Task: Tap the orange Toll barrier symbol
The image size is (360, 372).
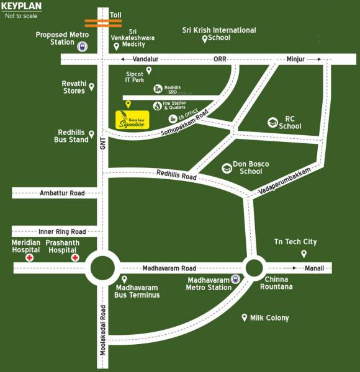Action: pyautogui.click(x=103, y=23)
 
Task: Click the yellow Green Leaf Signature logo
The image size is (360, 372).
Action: pyautogui.click(x=132, y=120)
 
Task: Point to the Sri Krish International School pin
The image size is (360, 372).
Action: pyautogui.click(x=205, y=40)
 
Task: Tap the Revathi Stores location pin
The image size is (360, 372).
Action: pyautogui.click(x=92, y=87)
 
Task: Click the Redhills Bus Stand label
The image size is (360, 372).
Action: pyautogui.click(x=73, y=136)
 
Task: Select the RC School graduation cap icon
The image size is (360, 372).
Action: pyautogui.click(x=272, y=123)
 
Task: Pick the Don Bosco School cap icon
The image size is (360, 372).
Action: pyautogui.click(x=227, y=168)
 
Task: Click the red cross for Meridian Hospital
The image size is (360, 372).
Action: pyautogui.click(x=29, y=257)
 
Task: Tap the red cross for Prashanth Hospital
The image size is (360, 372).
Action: pyautogui.click(x=75, y=257)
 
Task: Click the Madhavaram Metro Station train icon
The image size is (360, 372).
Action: pyautogui.click(x=235, y=279)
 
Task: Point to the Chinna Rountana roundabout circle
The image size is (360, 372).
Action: pyautogui.click(x=254, y=268)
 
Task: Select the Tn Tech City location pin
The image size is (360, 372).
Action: pyautogui.click(x=304, y=254)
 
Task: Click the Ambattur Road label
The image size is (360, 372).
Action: pyautogui.click(x=62, y=193)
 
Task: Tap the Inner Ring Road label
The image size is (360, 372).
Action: pyautogui.click(x=62, y=231)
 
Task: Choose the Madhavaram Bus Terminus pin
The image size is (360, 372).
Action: pyautogui.click(x=124, y=280)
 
